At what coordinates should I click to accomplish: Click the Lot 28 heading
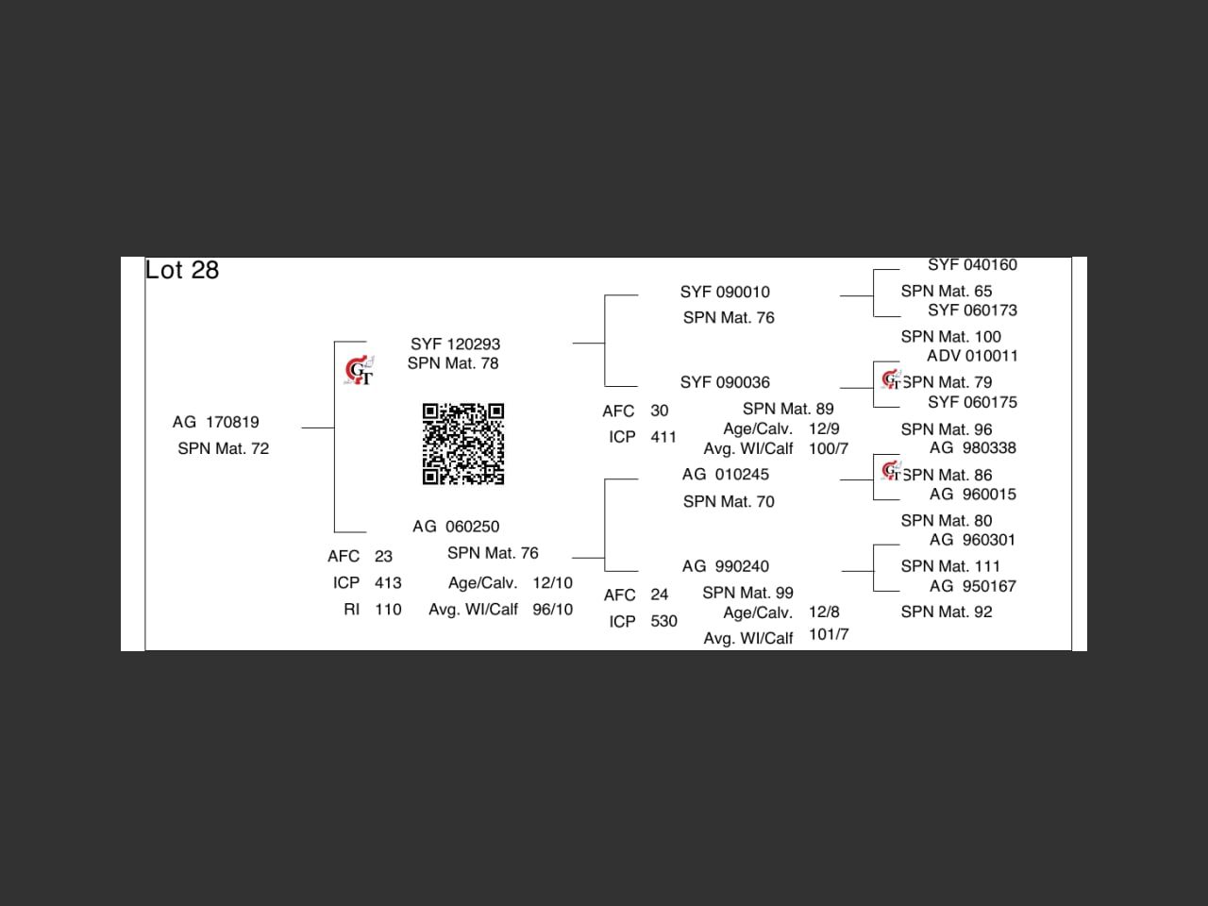tap(182, 270)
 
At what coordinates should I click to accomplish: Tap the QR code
tap(462, 444)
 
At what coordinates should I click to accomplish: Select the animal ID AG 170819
tap(215, 422)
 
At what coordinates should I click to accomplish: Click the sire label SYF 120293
tap(455, 344)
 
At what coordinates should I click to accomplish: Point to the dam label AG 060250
tap(456, 527)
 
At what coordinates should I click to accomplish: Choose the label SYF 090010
tap(725, 292)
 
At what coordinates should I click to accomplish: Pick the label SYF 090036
tap(725, 382)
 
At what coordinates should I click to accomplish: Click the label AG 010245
tap(725, 474)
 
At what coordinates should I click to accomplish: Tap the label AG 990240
tap(725, 566)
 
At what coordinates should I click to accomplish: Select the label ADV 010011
tap(972, 356)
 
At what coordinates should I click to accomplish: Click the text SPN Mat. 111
tap(949, 566)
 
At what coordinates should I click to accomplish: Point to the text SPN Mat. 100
tap(950, 336)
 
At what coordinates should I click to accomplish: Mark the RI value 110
tap(388, 610)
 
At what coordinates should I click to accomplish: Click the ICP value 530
tap(663, 621)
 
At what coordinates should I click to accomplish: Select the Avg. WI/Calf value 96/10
tap(552, 610)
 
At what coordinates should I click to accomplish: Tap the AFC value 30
tap(659, 411)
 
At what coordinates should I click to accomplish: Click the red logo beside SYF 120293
tap(359, 371)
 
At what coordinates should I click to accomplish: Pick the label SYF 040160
tap(972, 265)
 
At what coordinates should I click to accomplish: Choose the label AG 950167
tap(972, 586)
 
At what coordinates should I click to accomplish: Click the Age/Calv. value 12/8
tap(824, 612)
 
